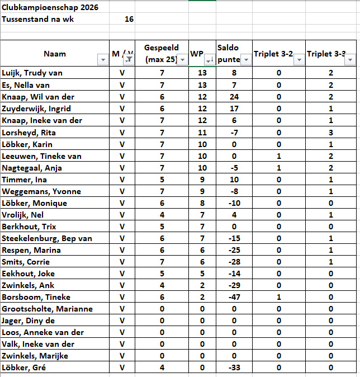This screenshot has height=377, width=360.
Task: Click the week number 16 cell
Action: pyautogui.click(x=129, y=20)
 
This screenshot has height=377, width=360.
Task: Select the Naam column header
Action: pyautogui.click(x=55, y=54)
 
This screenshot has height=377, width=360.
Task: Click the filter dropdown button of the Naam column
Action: pyautogui.click(x=102, y=60)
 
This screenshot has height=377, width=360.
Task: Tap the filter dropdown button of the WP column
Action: pyautogui.click(x=209, y=60)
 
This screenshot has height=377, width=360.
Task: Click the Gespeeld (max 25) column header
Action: pyautogui.click(x=162, y=54)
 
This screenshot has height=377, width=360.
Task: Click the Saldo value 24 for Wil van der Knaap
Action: pyautogui.click(x=234, y=96)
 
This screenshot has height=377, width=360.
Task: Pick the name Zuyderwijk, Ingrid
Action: pyautogui.click(x=36, y=108)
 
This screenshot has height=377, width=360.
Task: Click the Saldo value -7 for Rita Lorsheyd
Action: pyautogui.click(x=234, y=133)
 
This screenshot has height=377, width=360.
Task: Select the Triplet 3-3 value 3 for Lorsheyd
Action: pyautogui.click(x=331, y=133)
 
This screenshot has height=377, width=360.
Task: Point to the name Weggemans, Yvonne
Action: pyautogui.click(x=41, y=191)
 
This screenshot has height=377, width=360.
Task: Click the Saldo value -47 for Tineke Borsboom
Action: pyautogui.click(x=234, y=297)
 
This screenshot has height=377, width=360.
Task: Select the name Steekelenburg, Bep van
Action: pyautogui.click(x=46, y=238)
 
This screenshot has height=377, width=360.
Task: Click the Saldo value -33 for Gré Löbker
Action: pyautogui.click(x=234, y=367)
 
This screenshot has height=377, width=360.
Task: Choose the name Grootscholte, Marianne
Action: pyautogui.click(x=47, y=309)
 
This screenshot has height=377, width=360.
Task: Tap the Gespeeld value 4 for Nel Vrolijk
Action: pyautogui.click(x=162, y=215)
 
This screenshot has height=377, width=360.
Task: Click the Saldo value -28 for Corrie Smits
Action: pyautogui.click(x=234, y=262)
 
